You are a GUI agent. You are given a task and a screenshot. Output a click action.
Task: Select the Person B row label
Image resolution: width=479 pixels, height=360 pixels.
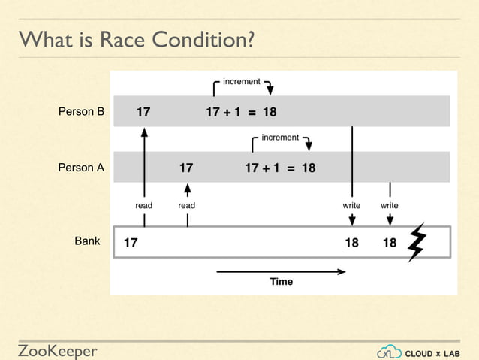(81, 113)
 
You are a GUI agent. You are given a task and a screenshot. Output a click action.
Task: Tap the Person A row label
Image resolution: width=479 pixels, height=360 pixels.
(81, 168)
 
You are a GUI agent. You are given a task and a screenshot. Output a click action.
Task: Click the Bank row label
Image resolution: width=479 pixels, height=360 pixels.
(87, 241)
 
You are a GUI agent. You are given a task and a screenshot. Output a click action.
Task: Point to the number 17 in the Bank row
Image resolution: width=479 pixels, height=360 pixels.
(131, 243)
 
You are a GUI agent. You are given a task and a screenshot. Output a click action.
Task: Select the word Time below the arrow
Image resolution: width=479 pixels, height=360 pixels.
(282, 282)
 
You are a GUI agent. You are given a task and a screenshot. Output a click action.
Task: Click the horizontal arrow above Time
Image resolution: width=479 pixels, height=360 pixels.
(281, 271)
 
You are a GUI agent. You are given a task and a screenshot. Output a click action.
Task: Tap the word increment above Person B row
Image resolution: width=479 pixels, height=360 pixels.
(242, 81)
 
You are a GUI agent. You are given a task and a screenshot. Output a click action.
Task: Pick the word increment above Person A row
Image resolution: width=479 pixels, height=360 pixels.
(280, 138)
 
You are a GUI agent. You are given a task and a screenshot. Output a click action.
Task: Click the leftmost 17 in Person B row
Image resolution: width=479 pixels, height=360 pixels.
(143, 113)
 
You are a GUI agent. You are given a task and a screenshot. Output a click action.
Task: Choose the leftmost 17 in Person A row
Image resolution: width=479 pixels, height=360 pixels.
(185, 168)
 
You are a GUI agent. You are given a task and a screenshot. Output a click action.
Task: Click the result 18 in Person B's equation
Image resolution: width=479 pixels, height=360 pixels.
(270, 113)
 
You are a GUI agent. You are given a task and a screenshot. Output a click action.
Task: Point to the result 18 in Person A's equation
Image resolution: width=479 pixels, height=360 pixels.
(308, 168)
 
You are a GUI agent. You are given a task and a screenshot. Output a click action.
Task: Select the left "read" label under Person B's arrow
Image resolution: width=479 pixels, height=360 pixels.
(144, 205)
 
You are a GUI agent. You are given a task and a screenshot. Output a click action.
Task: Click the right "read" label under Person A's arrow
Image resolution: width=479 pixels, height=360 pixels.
(187, 205)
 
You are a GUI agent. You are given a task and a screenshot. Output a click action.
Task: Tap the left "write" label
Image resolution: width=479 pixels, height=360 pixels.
(351, 205)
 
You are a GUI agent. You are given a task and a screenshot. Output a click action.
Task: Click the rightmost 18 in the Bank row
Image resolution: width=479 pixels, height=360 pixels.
(390, 243)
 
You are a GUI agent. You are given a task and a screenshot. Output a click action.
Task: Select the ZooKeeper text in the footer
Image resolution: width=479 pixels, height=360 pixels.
(58, 351)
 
